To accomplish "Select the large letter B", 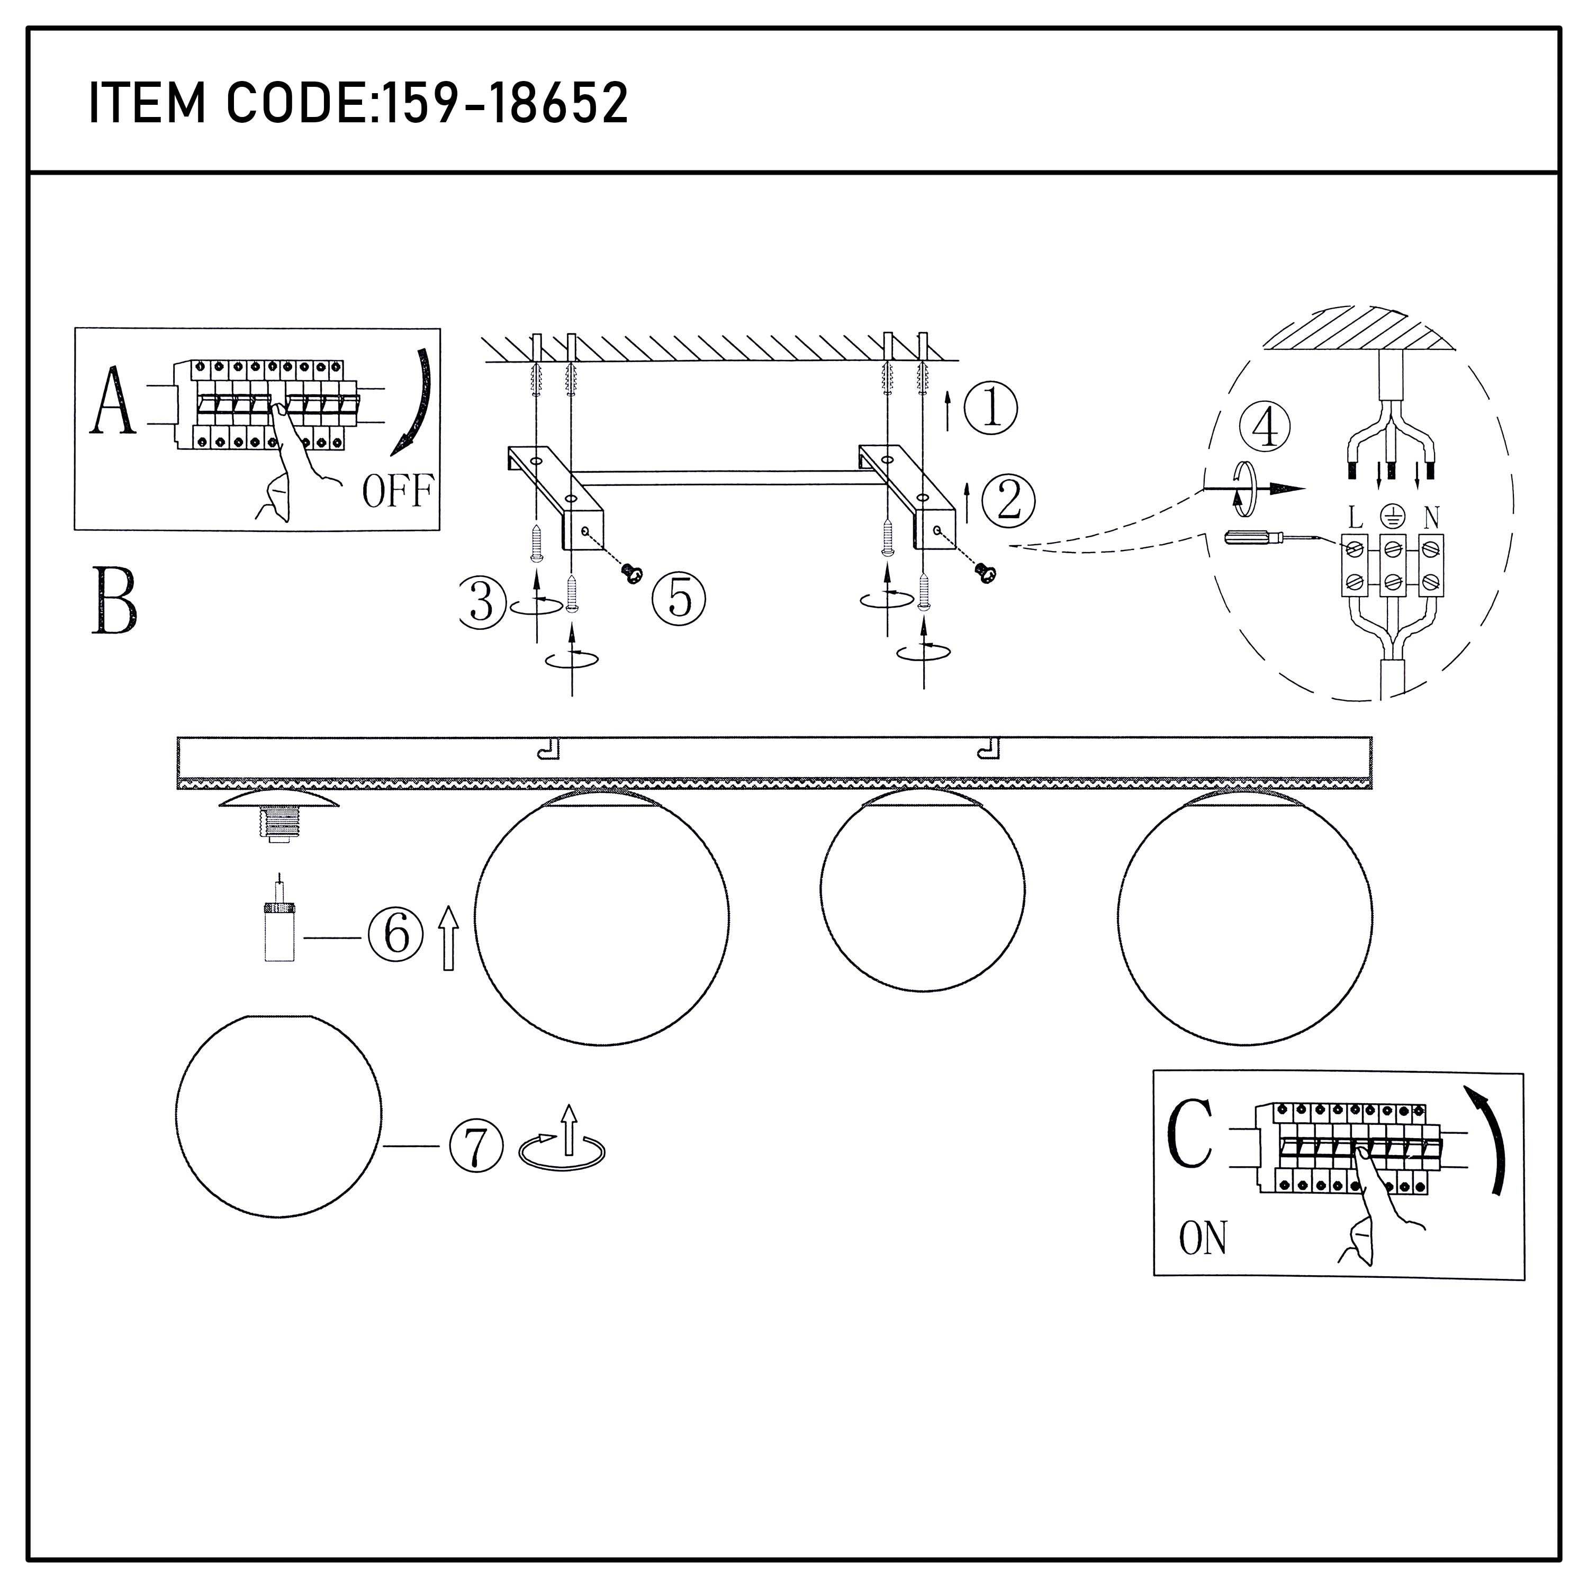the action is coord(114,601).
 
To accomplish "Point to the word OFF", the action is coord(398,492).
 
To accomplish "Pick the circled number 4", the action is coord(1264,427).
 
